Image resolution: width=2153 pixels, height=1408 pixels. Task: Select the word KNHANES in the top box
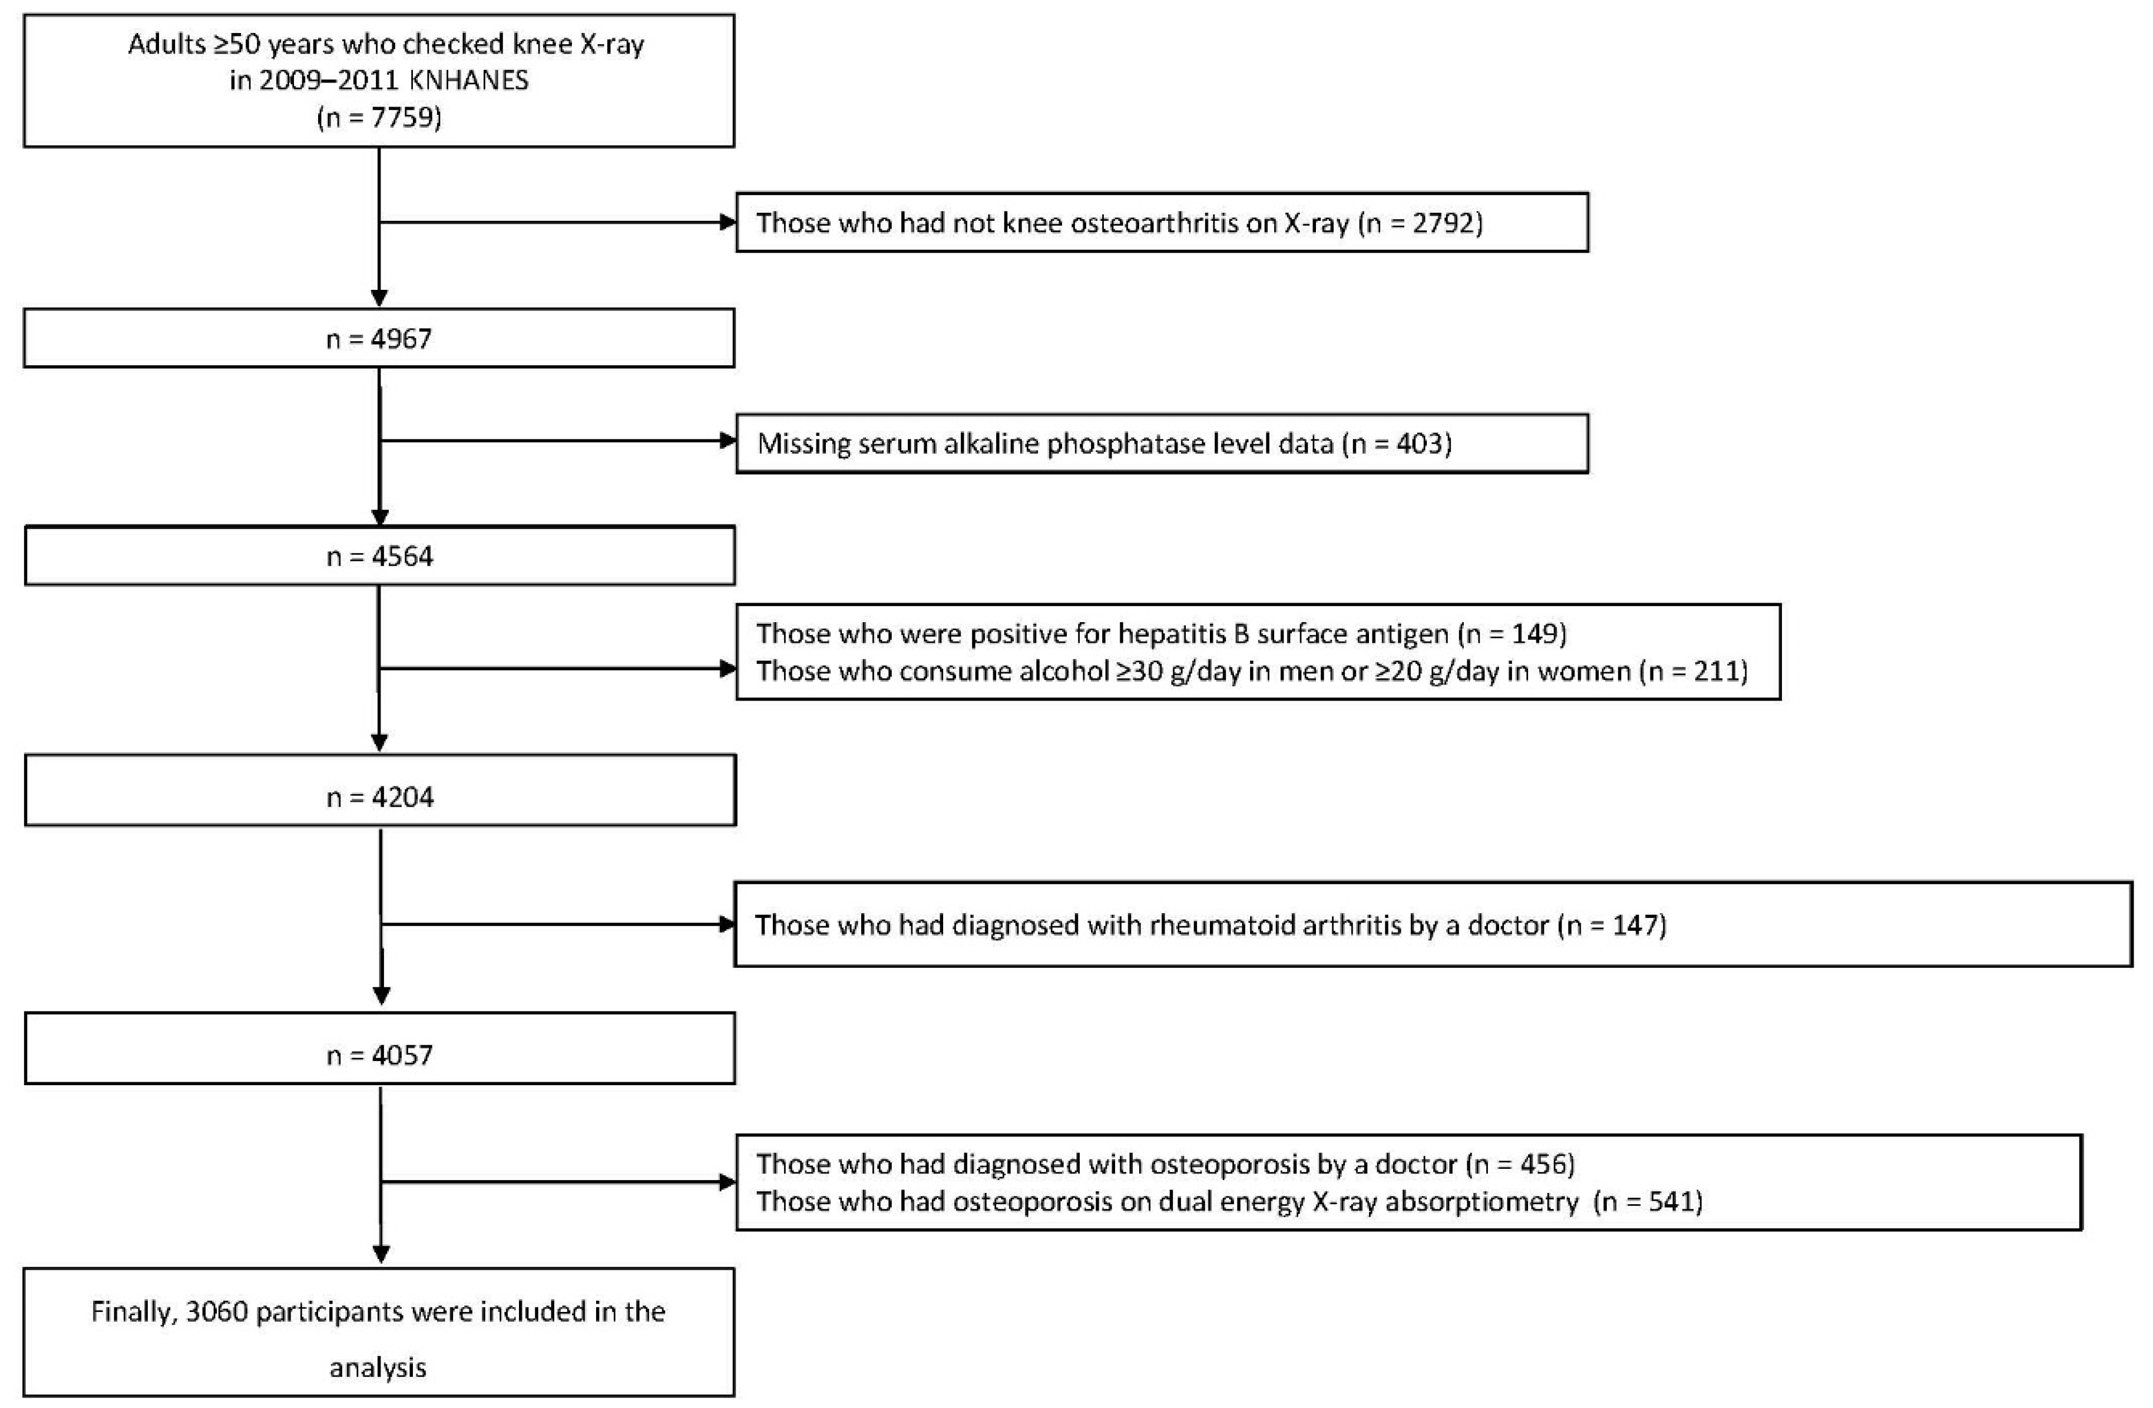pos(469,81)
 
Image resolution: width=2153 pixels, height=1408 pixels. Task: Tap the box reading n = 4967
pos(379,338)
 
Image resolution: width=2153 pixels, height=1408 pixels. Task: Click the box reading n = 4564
pos(379,556)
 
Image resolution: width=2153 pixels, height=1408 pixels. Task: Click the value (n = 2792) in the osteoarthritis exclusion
pos(1420,223)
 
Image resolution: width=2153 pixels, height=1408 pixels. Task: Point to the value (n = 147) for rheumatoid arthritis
pos(1612,925)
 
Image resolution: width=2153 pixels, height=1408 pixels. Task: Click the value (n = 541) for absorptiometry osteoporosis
pos(1648,1202)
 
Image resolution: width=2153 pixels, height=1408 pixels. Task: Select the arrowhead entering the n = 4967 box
pos(379,298)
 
